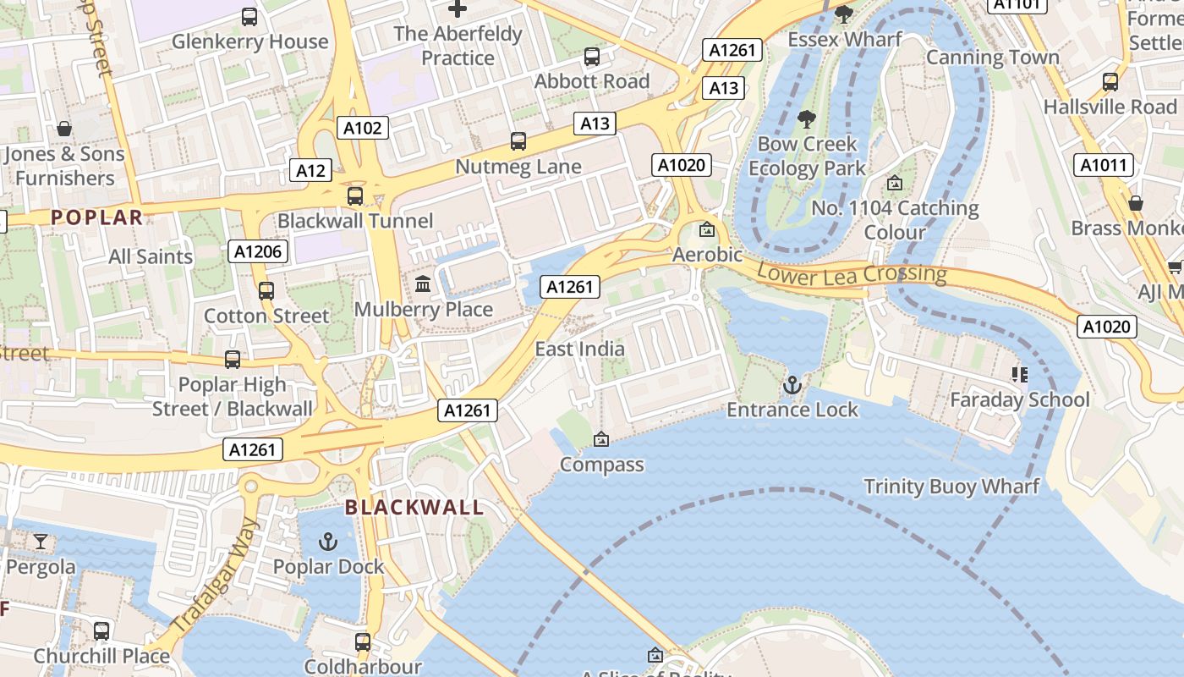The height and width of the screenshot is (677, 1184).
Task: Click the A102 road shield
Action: (364, 128)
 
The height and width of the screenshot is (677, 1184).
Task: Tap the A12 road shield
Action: (310, 170)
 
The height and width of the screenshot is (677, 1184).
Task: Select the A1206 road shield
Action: (258, 251)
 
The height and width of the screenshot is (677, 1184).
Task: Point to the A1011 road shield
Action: (1104, 165)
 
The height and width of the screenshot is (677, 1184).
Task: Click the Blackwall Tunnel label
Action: (355, 221)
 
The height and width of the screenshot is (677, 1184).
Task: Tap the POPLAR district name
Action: (96, 217)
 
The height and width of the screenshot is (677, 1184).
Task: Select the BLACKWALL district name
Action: (414, 508)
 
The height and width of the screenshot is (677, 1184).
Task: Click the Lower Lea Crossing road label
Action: (852, 274)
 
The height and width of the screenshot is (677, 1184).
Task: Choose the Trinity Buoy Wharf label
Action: (951, 487)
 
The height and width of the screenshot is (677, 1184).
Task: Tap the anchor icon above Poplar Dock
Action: (328, 542)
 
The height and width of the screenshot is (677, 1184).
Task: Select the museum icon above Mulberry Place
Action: (423, 284)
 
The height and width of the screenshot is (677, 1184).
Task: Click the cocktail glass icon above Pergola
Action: (40, 542)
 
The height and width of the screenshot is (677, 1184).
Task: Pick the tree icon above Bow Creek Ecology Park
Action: (807, 118)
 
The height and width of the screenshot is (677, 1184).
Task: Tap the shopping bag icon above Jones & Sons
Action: (64, 129)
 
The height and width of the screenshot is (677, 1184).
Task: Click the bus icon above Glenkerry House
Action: (249, 16)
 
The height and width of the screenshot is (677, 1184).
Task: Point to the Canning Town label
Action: (992, 58)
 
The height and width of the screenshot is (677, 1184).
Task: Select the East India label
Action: (580, 349)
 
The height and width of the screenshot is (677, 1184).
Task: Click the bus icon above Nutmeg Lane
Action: (518, 140)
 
